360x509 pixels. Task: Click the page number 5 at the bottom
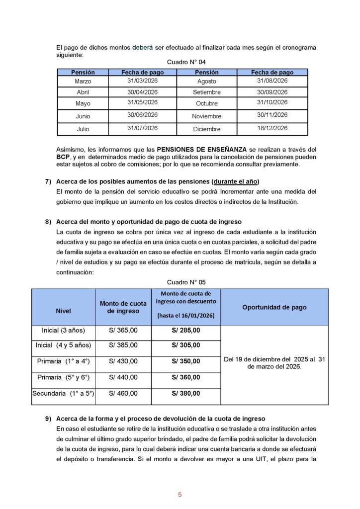click(x=180, y=495)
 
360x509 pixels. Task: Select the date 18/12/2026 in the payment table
click(x=272, y=128)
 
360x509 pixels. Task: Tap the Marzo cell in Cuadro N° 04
click(x=83, y=81)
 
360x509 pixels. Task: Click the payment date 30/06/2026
click(x=142, y=115)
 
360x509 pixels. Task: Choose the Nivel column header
click(x=63, y=311)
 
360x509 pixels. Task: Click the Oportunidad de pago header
click(x=274, y=307)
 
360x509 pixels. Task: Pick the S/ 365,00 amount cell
click(x=123, y=330)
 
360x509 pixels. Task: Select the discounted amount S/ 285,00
click(x=186, y=330)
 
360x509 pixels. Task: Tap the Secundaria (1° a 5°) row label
click(x=63, y=393)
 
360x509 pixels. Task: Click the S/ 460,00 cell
click(x=123, y=393)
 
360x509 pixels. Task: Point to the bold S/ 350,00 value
click(x=186, y=361)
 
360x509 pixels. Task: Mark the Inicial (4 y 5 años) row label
click(x=63, y=345)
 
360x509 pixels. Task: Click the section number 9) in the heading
click(x=48, y=419)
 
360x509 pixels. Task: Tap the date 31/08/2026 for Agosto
click(x=272, y=80)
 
